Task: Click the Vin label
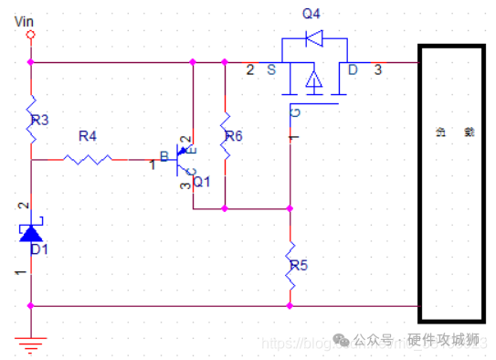[25, 21]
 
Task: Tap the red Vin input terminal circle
[31, 35]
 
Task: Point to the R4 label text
[88, 136]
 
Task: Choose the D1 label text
[38, 249]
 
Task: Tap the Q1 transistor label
[202, 181]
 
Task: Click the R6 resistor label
[234, 135]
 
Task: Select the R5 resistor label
[299, 266]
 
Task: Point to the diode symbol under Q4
[313, 38]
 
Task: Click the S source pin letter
[271, 69]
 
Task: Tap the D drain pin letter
[352, 69]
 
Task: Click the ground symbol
[31, 344]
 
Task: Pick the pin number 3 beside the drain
[378, 69]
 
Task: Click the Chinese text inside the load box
[455, 132]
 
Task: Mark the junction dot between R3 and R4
[31, 159]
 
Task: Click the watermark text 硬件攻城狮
[443, 340]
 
